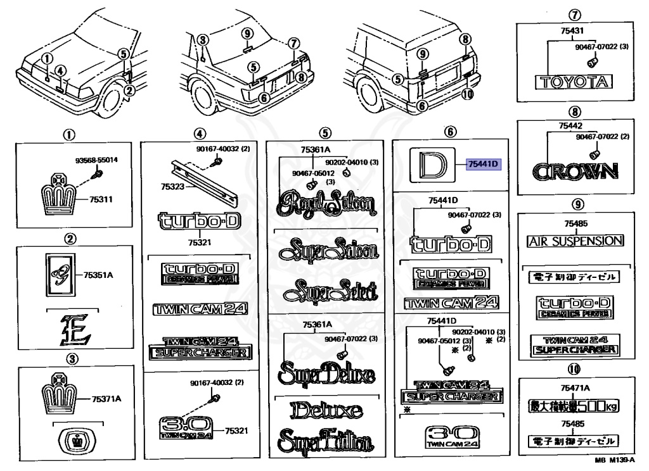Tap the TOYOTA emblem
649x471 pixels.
(574, 82)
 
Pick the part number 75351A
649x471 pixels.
(101, 275)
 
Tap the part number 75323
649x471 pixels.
(173, 187)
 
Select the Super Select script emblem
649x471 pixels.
(330, 291)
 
